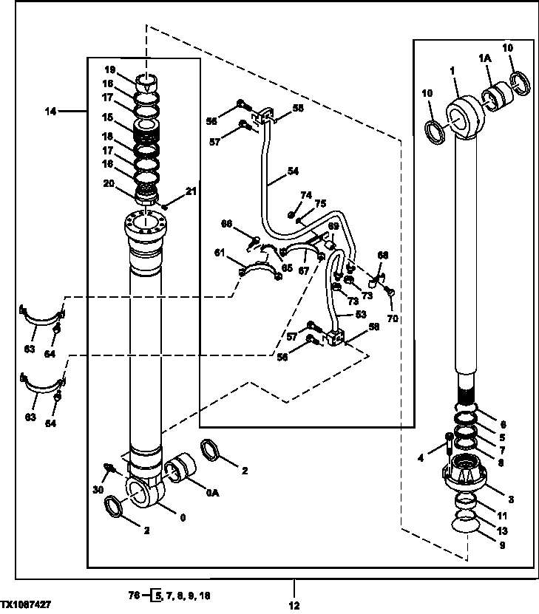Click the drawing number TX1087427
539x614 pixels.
(x=26, y=604)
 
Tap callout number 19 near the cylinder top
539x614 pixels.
(x=109, y=69)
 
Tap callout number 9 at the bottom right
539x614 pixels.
(x=503, y=548)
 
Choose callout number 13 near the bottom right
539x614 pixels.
(x=503, y=530)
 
